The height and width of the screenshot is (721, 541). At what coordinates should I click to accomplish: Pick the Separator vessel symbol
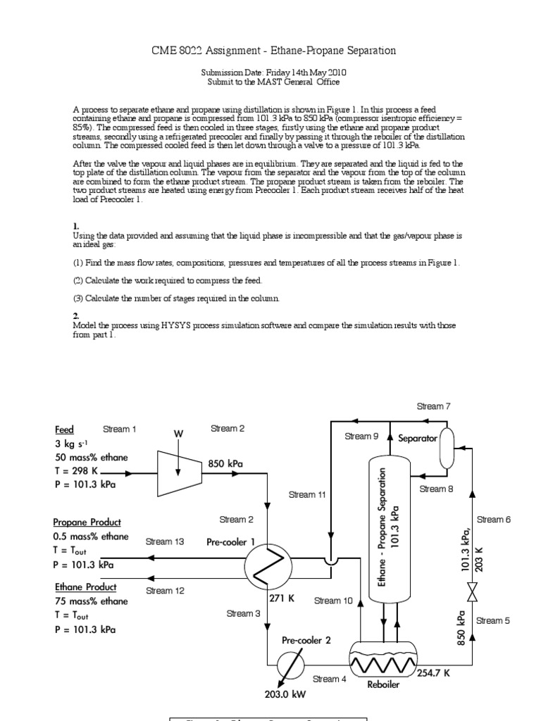[447, 448]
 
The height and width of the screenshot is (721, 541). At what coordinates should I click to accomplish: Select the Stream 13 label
[164, 541]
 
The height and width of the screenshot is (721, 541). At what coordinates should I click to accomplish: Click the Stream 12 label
[165, 591]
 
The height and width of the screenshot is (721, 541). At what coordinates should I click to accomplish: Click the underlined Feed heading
[63, 430]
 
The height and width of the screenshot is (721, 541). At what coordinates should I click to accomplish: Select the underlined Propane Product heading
[87, 522]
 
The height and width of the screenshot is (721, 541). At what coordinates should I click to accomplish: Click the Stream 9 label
[361, 437]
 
